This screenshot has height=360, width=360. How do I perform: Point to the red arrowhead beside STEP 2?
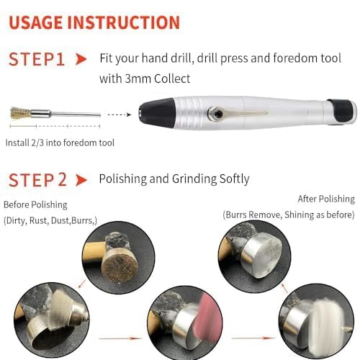click(x=82, y=180)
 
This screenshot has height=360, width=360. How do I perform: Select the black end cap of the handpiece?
click(x=346, y=109)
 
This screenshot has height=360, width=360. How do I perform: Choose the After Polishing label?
click(x=325, y=199)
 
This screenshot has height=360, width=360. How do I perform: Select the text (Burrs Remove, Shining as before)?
click(x=288, y=215)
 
